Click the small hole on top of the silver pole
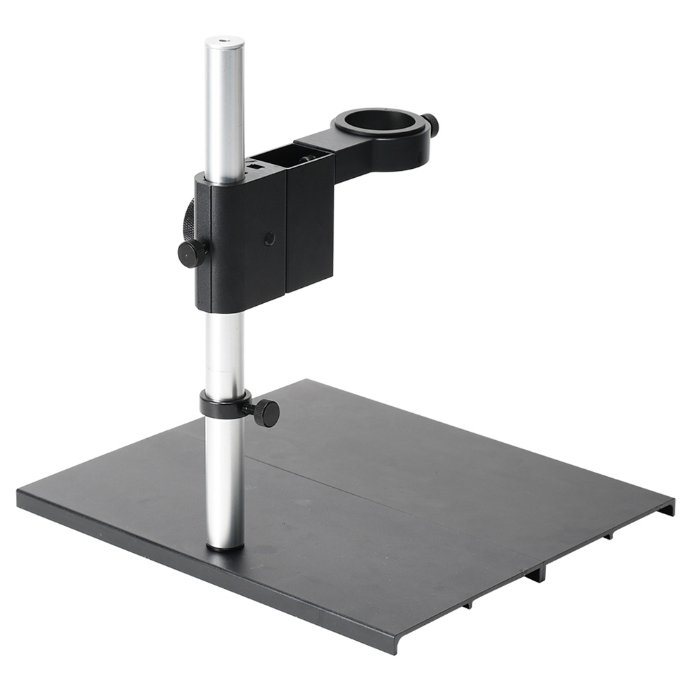[224, 42]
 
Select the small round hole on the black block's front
[268, 238]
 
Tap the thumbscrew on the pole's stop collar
[266, 413]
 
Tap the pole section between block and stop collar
[224, 349]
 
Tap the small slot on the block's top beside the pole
[255, 166]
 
